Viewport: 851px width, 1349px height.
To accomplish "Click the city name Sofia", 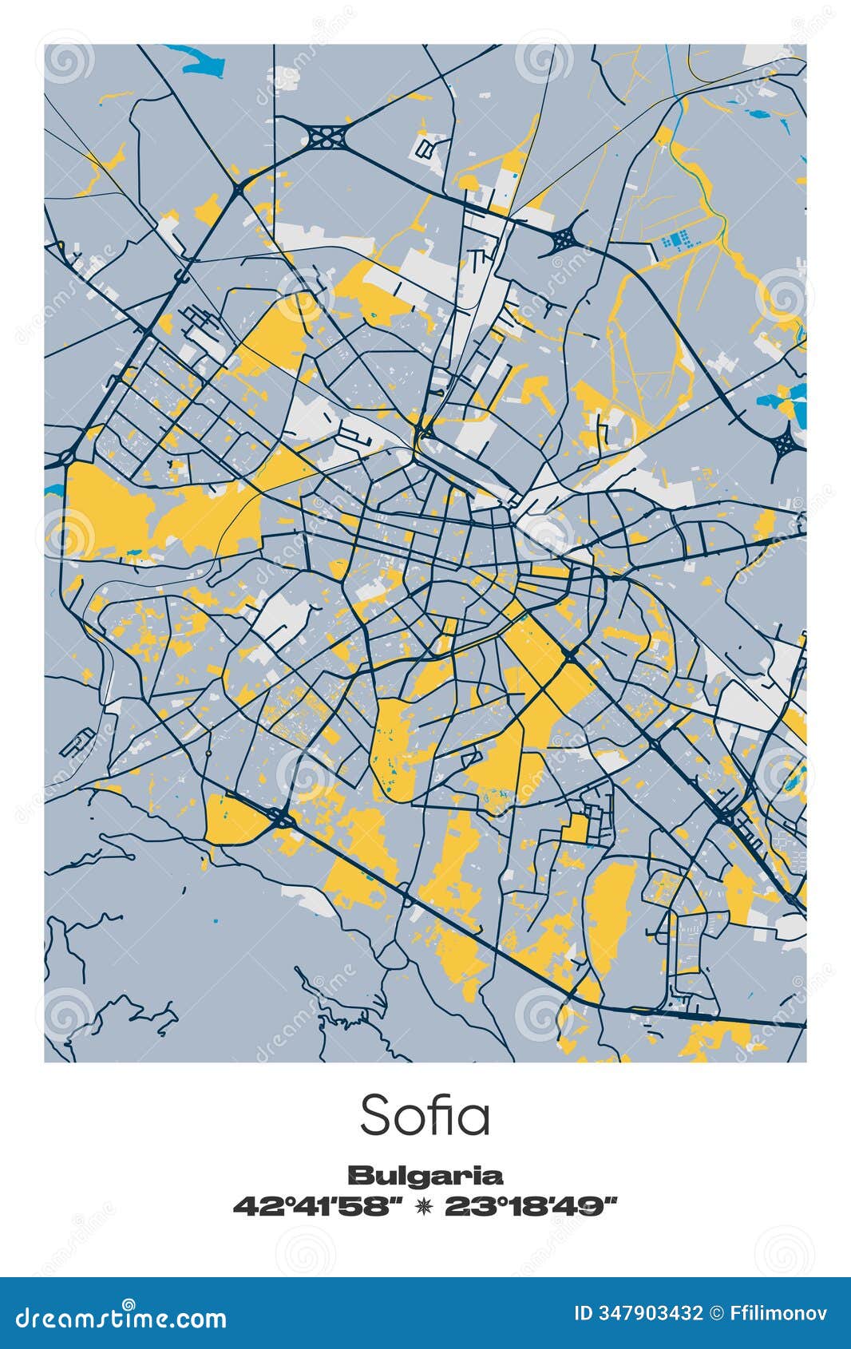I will click(x=425, y=1115).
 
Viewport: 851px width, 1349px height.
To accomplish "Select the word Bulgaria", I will click(x=425, y=1175).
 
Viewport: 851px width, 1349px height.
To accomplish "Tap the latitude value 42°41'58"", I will click(x=316, y=1206).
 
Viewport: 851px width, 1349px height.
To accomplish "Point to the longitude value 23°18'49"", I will click(x=532, y=1206).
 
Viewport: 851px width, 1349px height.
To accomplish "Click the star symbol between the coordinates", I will click(x=423, y=1206).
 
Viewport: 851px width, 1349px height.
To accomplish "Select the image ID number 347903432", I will click(x=650, y=1313).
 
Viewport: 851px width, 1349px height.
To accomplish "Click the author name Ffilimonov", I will click(x=779, y=1313).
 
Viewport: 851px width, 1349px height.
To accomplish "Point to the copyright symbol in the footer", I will click(x=717, y=1313).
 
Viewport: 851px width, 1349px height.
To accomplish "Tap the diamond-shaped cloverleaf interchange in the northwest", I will click(x=325, y=136).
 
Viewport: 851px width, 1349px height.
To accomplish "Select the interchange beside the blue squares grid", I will click(x=564, y=238).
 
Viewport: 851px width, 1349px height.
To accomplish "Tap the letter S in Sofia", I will click(x=375, y=1115).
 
